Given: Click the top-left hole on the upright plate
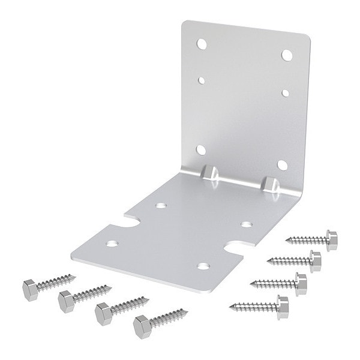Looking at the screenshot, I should (x=202, y=44).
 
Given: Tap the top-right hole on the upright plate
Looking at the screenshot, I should (x=287, y=55).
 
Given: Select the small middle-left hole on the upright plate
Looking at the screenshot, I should (x=202, y=79).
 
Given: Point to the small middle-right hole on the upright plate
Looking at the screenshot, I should (x=286, y=92).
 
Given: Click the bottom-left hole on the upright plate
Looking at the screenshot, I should (x=202, y=149).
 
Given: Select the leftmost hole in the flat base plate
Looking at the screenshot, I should (x=112, y=244).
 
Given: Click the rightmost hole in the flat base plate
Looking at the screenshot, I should (x=247, y=224).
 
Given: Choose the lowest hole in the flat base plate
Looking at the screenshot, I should (x=203, y=265).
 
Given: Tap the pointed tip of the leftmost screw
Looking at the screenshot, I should (x=76, y=276).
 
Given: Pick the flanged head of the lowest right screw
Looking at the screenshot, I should (x=282, y=307).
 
